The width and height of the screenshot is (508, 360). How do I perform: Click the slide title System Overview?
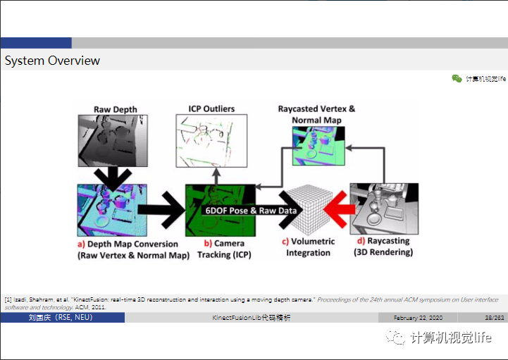pos(52,61)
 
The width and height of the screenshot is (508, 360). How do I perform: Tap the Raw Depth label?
pos(116,109)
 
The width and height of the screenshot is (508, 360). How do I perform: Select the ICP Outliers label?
pos(211,108)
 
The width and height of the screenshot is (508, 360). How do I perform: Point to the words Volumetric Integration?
pos(309,247)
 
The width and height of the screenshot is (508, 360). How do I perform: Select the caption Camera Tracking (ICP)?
pos(224,249)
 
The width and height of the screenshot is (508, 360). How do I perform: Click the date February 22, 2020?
pos(419,318)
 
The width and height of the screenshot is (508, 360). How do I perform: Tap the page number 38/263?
pos(495,318)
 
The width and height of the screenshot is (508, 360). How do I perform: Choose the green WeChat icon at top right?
pos(457,79)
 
